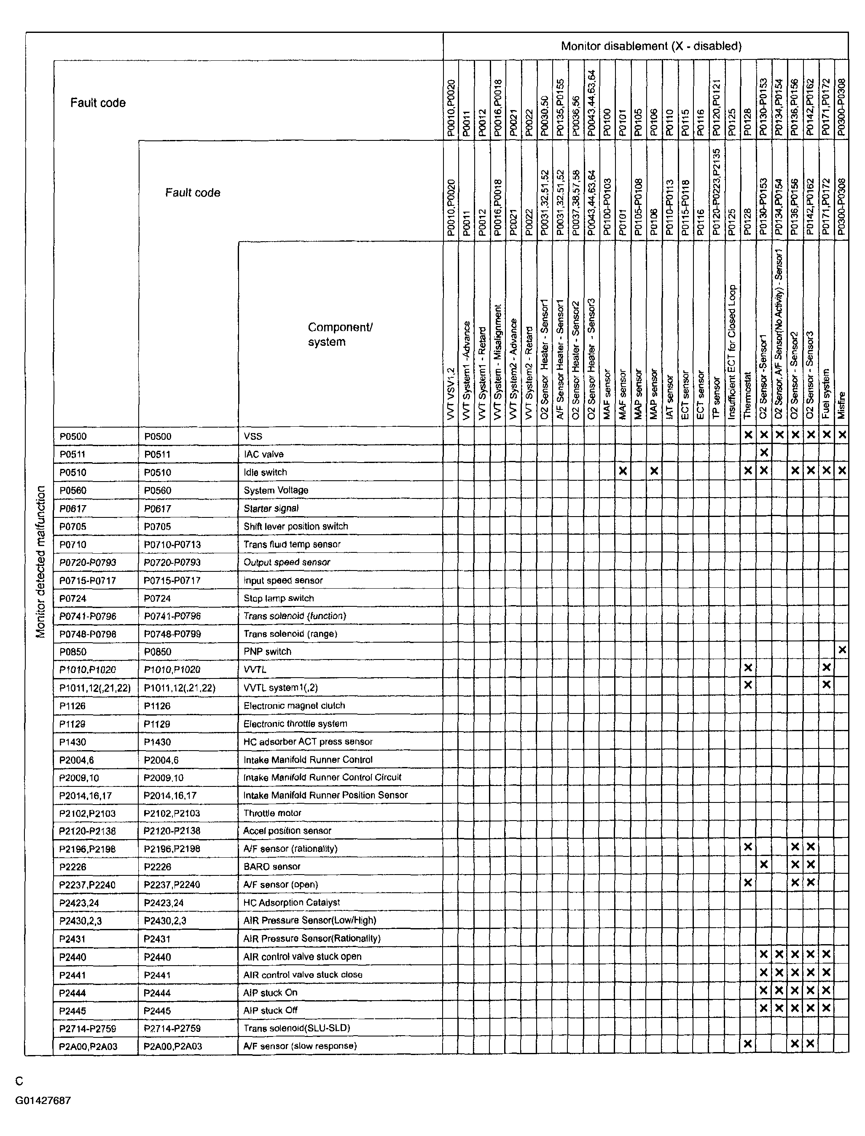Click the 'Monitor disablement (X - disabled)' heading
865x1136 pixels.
[651, 46]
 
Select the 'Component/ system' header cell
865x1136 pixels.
[340, 334]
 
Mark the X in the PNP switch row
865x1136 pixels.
[842, 650]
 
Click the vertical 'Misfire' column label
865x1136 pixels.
[842, 405]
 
